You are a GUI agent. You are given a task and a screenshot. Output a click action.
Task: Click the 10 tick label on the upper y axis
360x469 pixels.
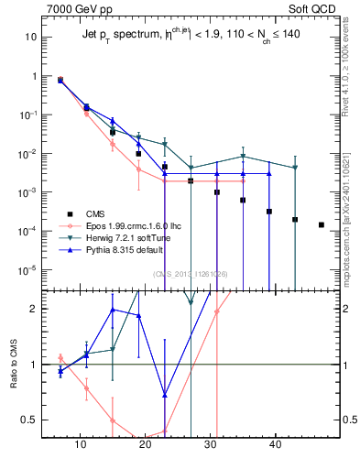31,38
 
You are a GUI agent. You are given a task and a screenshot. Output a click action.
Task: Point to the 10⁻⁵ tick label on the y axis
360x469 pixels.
29,270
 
